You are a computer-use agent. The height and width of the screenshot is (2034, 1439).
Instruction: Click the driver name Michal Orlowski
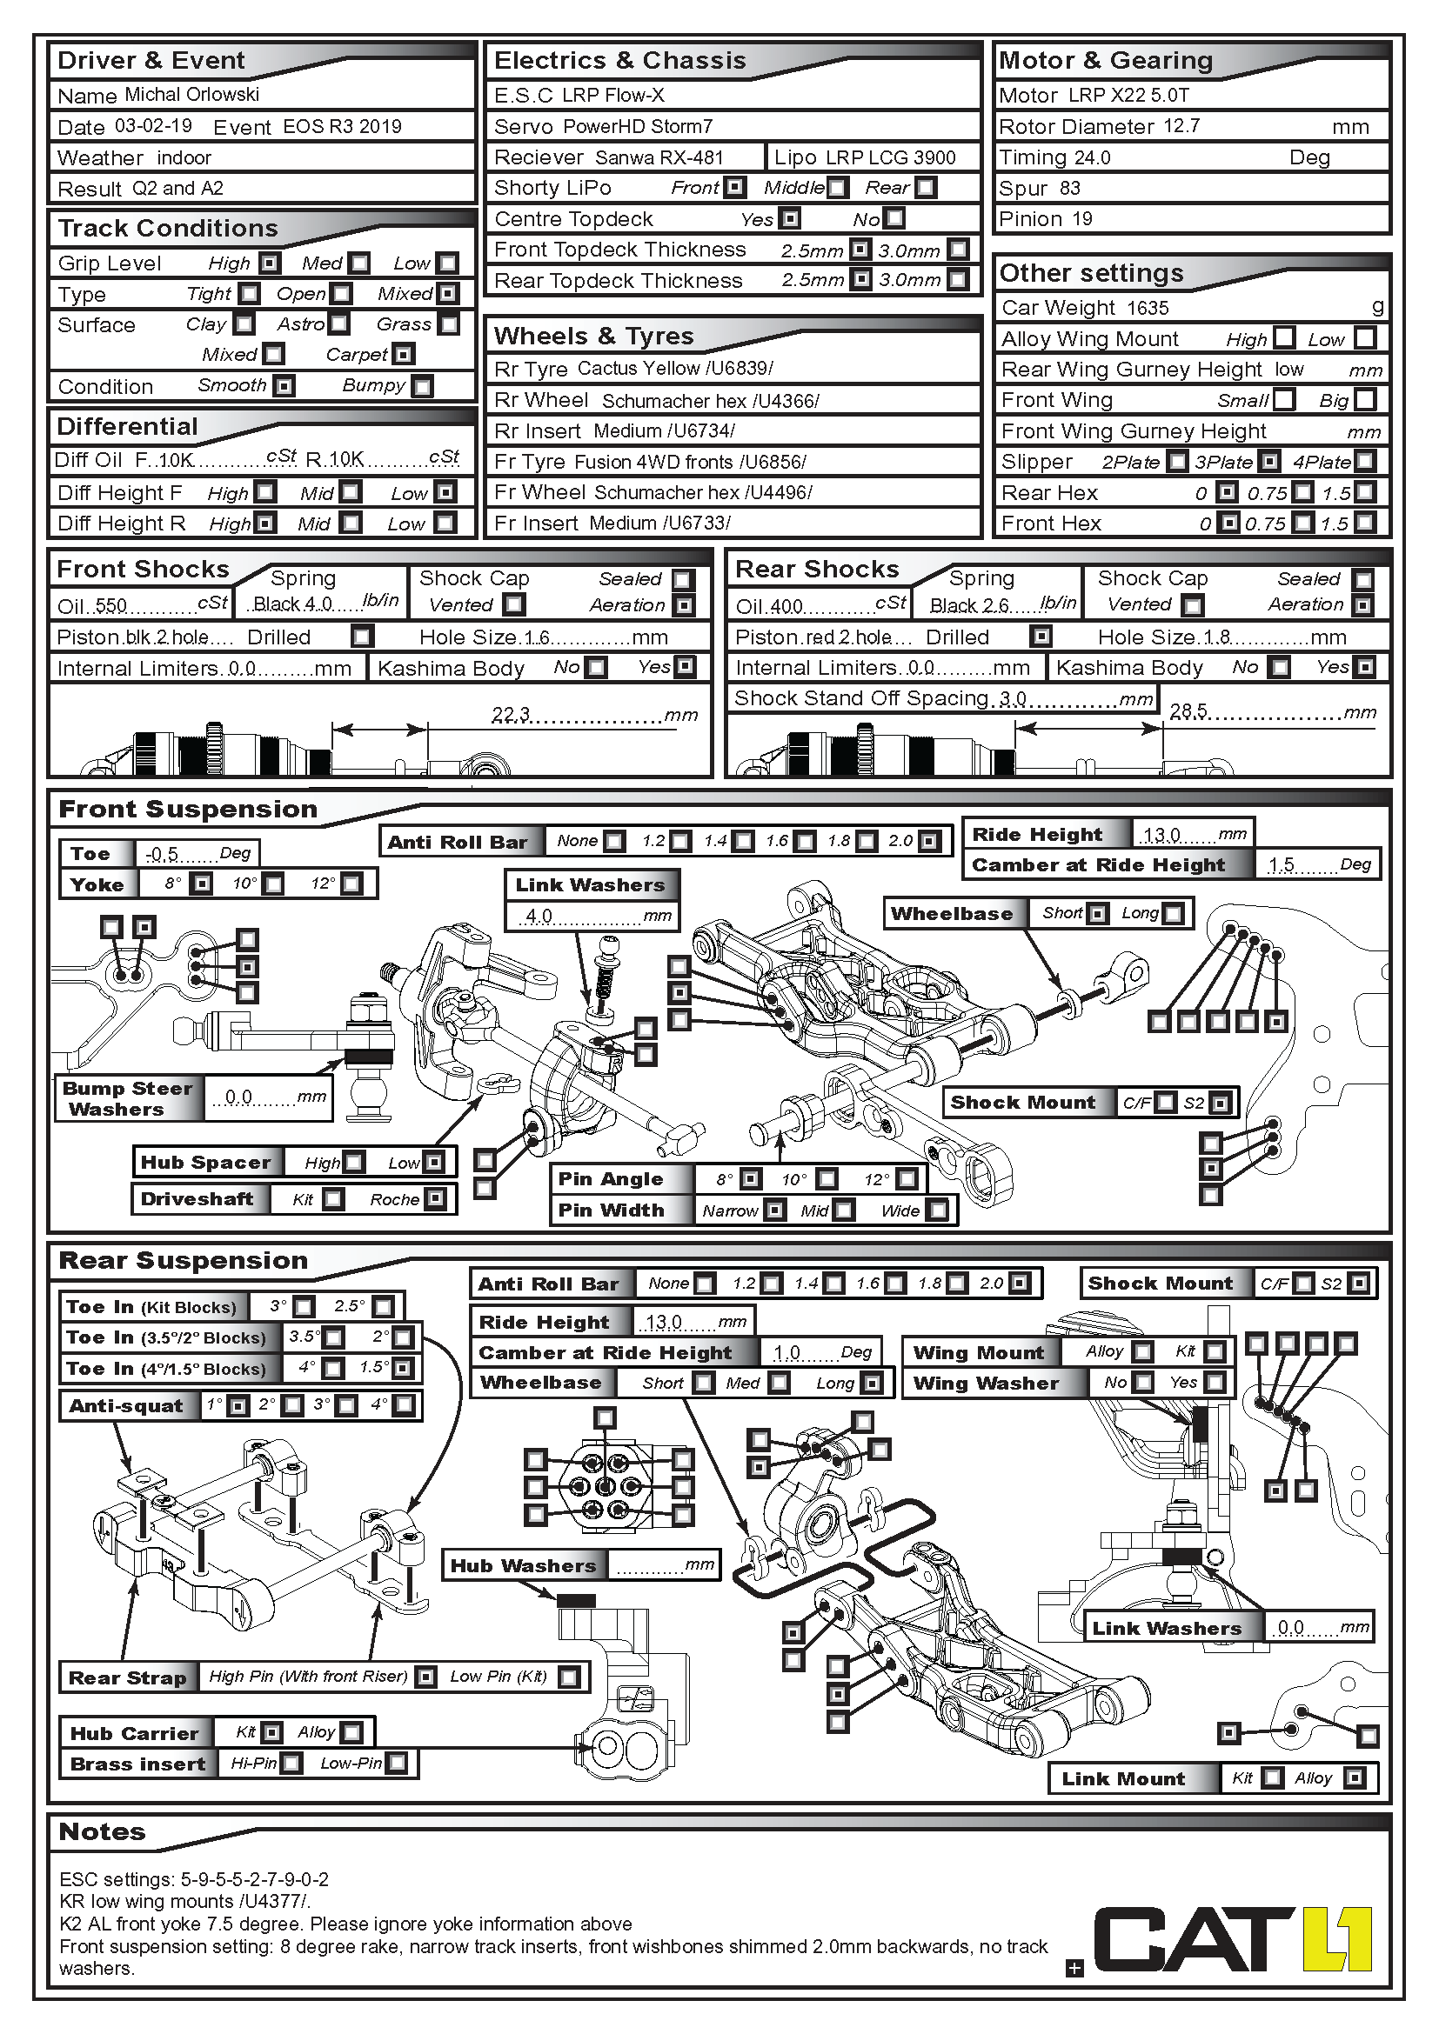coord(191,95)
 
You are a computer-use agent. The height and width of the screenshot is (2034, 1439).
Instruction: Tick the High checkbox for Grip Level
coord(271,263)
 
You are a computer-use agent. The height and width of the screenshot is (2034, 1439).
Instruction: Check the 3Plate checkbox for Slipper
coord(1269,462)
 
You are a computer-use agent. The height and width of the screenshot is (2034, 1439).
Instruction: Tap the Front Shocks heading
coord(143,570)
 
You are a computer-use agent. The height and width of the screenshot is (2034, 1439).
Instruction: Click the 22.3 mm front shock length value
coord(512,714)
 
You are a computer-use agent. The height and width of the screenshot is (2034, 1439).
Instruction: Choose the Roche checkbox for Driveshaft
coord(434,1199)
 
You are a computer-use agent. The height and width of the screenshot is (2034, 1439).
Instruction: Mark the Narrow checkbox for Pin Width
coord(774,1210)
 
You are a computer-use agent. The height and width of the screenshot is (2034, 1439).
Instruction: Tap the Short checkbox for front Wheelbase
coord(1097,913)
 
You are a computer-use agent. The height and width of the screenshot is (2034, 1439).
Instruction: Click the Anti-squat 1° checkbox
coord(238,1406)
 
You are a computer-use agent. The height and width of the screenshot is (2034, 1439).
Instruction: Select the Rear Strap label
coord(128,1677)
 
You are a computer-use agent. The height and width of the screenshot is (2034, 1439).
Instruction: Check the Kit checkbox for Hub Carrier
coord(272,1732)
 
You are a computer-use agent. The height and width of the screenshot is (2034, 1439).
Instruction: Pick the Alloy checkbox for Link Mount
coord(1353,1778)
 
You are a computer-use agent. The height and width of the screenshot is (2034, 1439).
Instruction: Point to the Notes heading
coord(102,1832)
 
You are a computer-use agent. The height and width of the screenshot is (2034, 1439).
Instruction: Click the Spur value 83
coord(1069,188)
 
